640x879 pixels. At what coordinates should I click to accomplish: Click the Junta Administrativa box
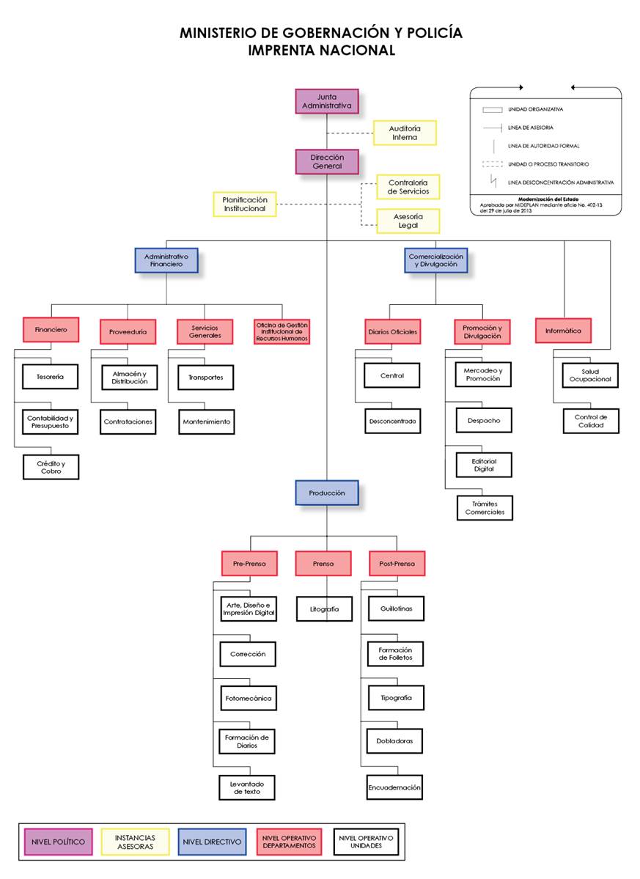[327, 101]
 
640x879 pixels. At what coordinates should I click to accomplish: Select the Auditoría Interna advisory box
[405, 133]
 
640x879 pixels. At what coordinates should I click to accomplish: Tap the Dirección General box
[327, 161]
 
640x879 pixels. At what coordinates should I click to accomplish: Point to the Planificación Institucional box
[245, 204]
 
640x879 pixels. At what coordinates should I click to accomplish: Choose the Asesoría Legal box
[408, 221]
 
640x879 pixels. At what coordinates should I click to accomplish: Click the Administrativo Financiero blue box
[166, 260]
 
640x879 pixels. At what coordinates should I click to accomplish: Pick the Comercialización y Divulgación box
[435, 260]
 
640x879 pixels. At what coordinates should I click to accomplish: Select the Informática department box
[563, 331]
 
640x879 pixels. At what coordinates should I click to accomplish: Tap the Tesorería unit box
[50, 377]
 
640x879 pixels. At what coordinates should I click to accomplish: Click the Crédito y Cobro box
[50, 467]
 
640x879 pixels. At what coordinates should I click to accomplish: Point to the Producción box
[327, 493]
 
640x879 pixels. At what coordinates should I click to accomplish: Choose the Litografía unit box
[323, 608]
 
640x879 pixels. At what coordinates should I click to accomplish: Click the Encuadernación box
[394, 787]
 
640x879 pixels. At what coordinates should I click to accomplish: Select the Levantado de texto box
[247, 787]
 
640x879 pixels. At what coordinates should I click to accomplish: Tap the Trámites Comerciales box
[485, 507]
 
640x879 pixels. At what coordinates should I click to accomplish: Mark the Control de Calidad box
[590, 421]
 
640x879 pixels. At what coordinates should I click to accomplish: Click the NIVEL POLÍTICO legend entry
[59, 842]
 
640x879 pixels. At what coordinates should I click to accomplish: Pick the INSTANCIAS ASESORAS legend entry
[135, 842]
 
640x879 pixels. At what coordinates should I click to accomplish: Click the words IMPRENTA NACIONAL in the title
[321, 51]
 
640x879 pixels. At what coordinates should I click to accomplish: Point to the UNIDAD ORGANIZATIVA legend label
[535, 109]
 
